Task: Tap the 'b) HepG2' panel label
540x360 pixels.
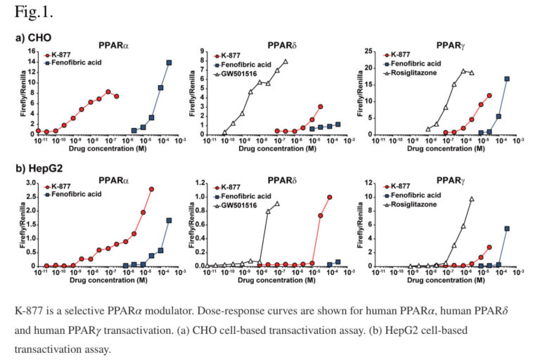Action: coord(39,171)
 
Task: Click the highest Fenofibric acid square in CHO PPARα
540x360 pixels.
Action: coord(169,63)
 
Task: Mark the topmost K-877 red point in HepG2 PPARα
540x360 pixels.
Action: coord(152,189)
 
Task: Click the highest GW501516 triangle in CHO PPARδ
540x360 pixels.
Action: coord(285,61)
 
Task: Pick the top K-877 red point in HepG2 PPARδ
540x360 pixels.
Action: coord(330,198)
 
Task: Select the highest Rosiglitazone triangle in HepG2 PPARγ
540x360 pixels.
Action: coord(472,199)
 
